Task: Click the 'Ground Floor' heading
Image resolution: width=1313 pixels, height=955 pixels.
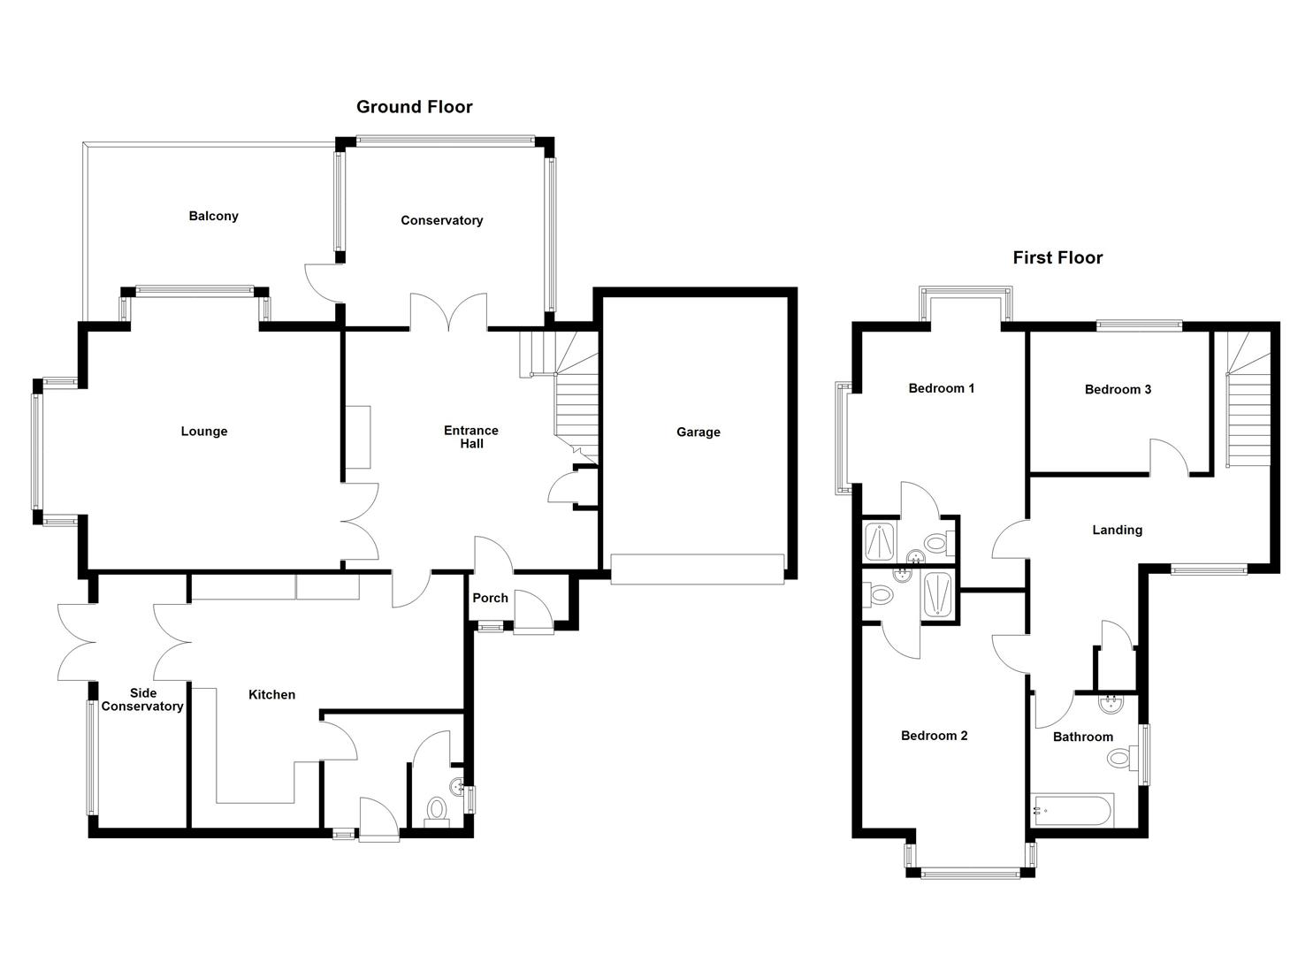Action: (x=414, y=107)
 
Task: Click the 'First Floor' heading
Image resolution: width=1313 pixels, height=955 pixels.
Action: (x=1057, y=258)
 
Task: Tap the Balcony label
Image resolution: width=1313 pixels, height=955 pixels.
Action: (x=213, y=217)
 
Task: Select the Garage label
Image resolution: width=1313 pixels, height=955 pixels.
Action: (x=698, y=432)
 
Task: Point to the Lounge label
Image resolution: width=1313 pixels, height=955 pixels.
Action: (x=204, y=432)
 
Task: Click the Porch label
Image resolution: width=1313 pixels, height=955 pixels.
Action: (x=490, y=599)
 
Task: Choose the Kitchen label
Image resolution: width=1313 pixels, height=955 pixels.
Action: (x=271, y=695)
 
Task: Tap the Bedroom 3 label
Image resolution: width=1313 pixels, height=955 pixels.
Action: (x=1118, y=390)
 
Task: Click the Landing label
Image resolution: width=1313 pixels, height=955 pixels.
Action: (x=1117, y=531)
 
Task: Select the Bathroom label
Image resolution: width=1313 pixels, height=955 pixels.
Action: (x=1082, y=737)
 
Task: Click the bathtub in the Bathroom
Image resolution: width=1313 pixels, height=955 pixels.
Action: (x=1073, y=810)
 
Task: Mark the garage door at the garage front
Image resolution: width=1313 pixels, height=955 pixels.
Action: (x=697, y=569)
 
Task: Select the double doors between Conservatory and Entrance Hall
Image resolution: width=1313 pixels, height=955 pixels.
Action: (x=448, y=314)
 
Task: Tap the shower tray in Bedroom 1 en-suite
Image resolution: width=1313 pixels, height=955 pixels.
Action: (x=881, y=542)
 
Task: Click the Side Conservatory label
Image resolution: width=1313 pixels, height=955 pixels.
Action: (x=142, y=700)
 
